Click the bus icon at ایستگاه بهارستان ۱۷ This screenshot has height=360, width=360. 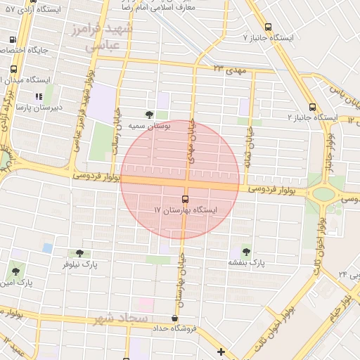click(x=185, y=199)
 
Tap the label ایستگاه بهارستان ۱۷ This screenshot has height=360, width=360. click(x=186, y=210)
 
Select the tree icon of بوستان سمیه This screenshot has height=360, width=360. click(x=148, y=115)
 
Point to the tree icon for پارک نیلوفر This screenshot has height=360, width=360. click(x=78, y=253)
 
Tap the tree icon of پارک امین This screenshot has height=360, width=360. click(x=15, y=271)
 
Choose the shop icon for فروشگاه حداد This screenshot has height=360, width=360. click(x=174, y=318)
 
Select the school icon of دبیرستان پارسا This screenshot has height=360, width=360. click(x=39, y=96)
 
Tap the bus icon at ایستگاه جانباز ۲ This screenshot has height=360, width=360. click(x=312, y=108)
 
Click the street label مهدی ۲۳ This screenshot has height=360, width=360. click(x=228, y=68)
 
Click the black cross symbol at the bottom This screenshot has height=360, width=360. click(x=221, y=352)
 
